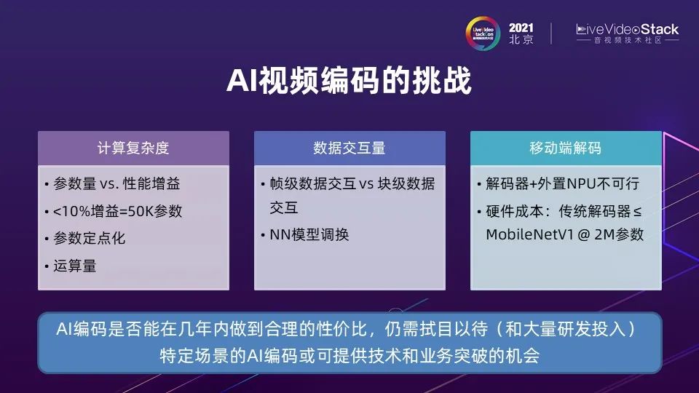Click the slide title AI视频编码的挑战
tap(349, 81)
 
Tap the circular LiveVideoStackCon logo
tap(483, 33)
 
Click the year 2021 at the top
tap(521, 28)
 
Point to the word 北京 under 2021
tap(521, 39)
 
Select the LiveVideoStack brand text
tap(627, 30)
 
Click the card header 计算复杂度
tap(133, 148)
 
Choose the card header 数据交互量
tap(349, 148)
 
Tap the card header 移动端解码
tap(565, 148)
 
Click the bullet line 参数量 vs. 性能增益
tap(116, 183)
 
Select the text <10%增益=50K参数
tap(117, 211)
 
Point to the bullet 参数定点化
tap(89, 239)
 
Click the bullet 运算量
tap(75, 266)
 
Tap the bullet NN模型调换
tap(309, 235)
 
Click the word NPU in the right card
tap(581, 183)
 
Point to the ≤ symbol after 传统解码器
tap(638, 212)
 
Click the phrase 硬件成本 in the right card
tap(515, 211)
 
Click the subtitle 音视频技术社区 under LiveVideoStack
tap(627, 41)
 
